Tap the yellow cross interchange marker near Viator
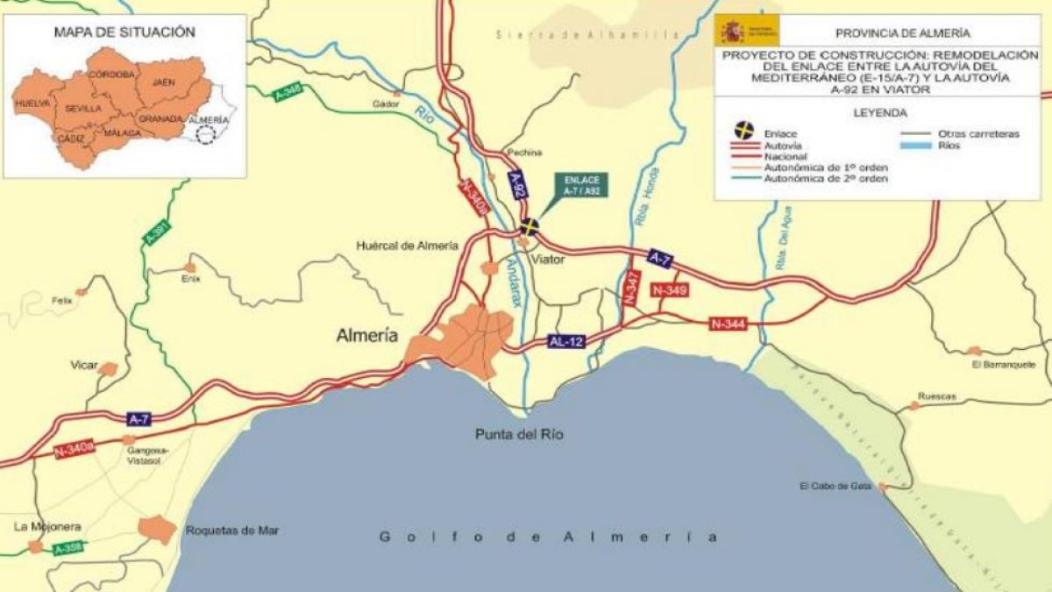coord(528,227)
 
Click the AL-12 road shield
coord(565,341)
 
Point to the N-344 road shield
coord(728,325)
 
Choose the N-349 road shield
coord(670,289)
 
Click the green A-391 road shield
coord(157,233)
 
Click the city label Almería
coord(367,335)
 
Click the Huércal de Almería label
coord(407,246)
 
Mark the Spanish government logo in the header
coord(746,31)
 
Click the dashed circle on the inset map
coord(206,135)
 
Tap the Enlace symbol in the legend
coord(743,131)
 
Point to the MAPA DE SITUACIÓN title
coord(124,32)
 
